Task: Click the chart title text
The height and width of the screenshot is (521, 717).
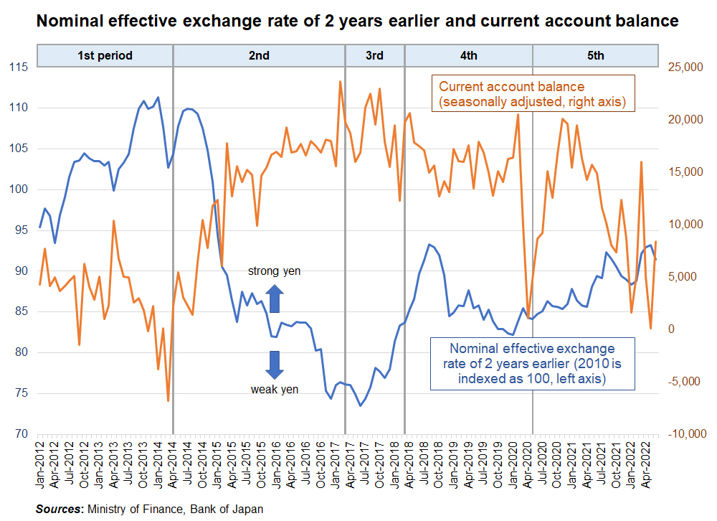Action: click(357, 22)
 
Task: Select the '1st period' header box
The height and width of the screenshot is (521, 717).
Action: click(105, 55)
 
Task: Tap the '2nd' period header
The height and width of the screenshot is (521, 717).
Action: click(259, 55)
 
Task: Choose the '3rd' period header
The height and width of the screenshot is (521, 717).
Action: click(374, 55)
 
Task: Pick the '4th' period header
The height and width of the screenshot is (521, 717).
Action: click(468, 55)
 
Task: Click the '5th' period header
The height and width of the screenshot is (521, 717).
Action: click(595, 55)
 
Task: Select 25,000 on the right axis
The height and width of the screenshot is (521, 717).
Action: click(688, 67)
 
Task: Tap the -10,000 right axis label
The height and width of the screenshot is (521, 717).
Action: click(686, 434)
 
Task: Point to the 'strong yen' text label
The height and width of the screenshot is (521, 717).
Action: click(275, 271)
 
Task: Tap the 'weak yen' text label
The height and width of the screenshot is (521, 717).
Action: click(275, 390)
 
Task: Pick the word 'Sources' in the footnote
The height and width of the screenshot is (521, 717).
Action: click(59, 509)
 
